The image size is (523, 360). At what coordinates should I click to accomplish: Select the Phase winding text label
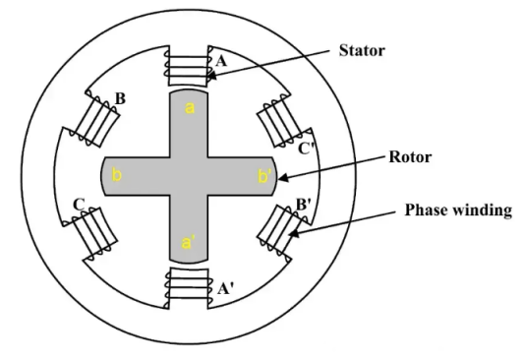(459, 209)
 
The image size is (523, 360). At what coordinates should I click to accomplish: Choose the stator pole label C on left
(77, 206)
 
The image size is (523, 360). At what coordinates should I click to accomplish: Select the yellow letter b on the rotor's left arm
(116, 175)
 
